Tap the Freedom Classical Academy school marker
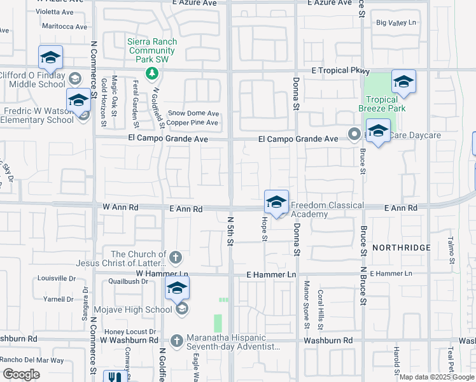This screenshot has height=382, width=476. click(276, 202)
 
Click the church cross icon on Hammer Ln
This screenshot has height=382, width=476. click(176, 258)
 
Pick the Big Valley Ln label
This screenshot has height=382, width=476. click(396, 23)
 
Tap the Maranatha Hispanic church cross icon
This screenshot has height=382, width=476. click(179, 340)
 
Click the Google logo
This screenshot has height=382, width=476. click(21, 374)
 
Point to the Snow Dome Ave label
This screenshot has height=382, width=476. click(193, 113)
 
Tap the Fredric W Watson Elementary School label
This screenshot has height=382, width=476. click(38, 115)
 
